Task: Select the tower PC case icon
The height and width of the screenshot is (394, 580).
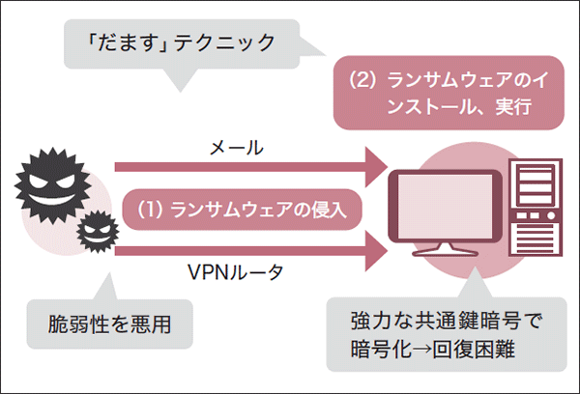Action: pyautogui.click(x=535, y=207)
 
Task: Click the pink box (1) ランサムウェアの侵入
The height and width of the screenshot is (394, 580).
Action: pyautogui.click(x=237, y=210)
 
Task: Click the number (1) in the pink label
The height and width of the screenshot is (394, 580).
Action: pyautogui.click(x=149, y=210)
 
